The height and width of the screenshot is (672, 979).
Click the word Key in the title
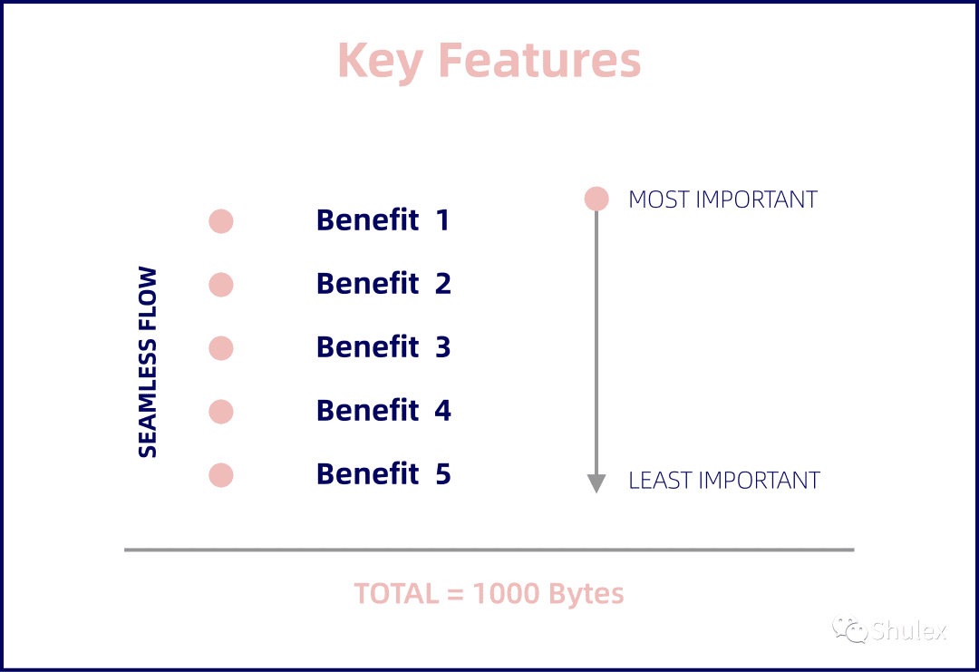click(380, 61)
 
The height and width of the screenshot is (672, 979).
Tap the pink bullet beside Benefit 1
click(221, 221)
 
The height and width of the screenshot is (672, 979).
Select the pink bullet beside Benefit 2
click(221, 285)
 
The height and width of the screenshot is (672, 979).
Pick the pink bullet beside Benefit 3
click(221, 348)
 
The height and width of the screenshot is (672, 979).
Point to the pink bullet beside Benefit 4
click(221, 412)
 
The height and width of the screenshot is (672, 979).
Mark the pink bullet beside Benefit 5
click(221, 475)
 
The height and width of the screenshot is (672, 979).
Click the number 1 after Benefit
click(442, 219)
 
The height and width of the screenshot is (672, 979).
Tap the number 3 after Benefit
click(442, 347)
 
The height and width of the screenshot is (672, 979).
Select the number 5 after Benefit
click(443, 474)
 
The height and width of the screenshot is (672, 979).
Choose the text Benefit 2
click(383, 284)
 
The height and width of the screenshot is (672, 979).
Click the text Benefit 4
click(383, 410)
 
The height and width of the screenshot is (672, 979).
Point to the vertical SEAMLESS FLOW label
click(148, 362)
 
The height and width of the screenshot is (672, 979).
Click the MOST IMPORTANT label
click(723, 200)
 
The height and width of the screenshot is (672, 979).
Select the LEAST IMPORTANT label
click(724, 481)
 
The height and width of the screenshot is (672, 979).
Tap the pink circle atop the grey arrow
click(596, 199)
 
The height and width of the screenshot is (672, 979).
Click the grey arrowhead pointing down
click(596, 483)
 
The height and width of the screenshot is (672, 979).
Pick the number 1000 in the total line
click(507, 593)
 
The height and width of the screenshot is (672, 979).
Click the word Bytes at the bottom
click(586, 594)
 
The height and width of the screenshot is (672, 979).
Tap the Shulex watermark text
click(909, 630)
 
